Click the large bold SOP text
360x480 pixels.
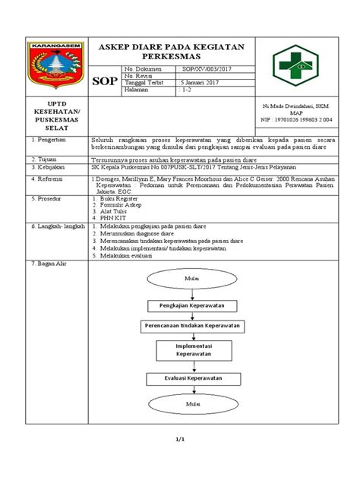click(103, 82)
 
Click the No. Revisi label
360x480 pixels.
click(138, 76)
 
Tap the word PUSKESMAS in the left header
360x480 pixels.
click(49, 118)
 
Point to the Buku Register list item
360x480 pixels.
click(122, 200)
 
